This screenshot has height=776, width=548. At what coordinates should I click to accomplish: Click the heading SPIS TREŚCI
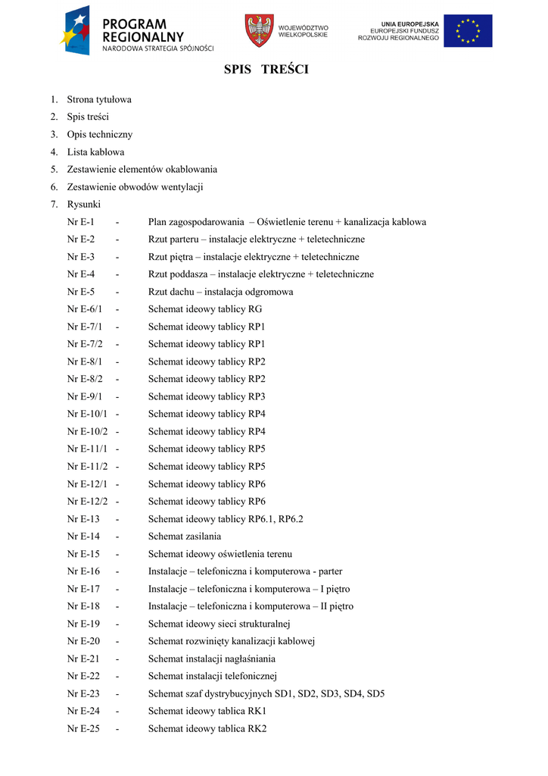point(266,70)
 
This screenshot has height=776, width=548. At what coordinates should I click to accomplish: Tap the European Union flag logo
point(468,31)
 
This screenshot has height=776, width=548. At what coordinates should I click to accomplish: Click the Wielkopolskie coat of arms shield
point(259,30)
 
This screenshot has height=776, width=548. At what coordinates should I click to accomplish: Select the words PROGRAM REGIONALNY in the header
point(143,30)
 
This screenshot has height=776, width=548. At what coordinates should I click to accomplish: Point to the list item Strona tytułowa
point(99,99)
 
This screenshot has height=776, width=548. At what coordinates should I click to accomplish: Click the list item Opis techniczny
point(99,134)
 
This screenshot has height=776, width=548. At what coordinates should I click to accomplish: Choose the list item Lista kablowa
point(96,152)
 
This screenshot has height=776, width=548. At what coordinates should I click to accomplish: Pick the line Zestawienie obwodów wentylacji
point(135,186)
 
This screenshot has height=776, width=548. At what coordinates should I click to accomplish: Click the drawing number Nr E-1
point(81,222)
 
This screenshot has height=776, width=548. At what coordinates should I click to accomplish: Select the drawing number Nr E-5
point(81,292)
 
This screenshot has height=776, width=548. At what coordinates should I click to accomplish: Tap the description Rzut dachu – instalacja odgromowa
point(220,292)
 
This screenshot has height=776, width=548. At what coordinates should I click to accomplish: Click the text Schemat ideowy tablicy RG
point(205,309)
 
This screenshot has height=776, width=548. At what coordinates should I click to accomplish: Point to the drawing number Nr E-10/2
point(88,431)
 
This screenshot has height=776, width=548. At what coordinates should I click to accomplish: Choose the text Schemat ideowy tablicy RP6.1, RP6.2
point(226,519)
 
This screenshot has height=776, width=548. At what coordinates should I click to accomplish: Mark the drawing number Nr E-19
point(83,624)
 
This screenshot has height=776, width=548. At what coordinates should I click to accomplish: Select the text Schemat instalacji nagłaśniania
point(212,659)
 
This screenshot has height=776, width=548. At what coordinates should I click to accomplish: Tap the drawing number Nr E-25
point(83,729)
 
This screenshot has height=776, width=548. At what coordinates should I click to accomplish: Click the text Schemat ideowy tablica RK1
point(207,712)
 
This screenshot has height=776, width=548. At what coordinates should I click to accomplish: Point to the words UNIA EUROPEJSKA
point(409,24)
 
